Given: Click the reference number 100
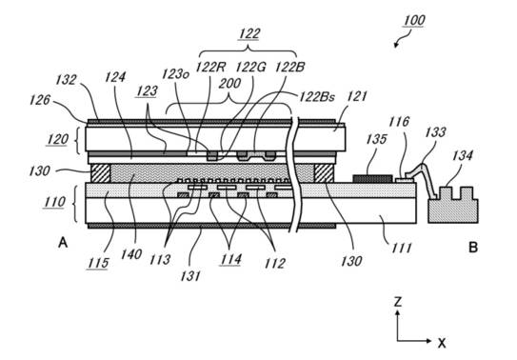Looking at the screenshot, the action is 414,20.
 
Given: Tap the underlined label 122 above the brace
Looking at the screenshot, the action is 249,33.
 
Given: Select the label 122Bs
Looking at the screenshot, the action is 317,97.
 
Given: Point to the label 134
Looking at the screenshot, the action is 463,155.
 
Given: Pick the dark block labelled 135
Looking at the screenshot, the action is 372,179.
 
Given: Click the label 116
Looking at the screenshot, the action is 399,122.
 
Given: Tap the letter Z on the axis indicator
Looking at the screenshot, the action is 398,302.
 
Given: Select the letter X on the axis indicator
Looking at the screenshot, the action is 442,343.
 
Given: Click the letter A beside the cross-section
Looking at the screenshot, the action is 63,243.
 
